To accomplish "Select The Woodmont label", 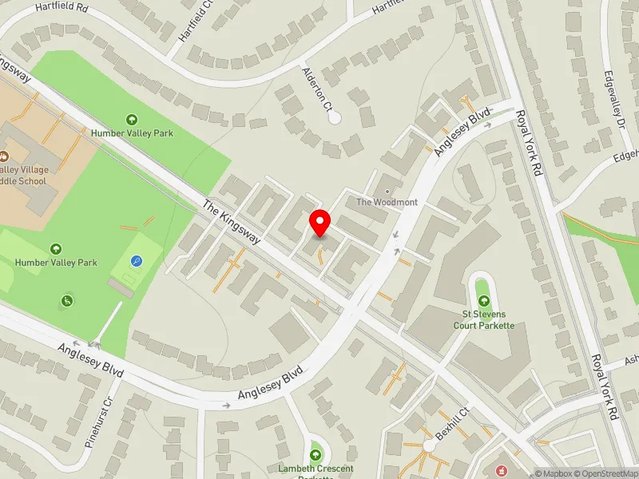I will click(x=387, y=203).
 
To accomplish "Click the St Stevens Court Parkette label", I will click(x=483, y=319).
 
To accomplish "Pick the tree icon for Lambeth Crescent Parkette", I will click(x=316, y=453).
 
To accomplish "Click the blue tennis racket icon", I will click(x=137, y=261).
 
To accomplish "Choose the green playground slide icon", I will click(x=67, y=300).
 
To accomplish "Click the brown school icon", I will click(x=3, y=156).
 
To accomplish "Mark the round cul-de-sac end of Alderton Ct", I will click(x=335, y=118).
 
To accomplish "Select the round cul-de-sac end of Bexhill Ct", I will click(x=429, y=445).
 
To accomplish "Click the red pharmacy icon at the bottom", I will click(x=502, y=471).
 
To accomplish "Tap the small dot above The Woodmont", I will click(x=387, y=192).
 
